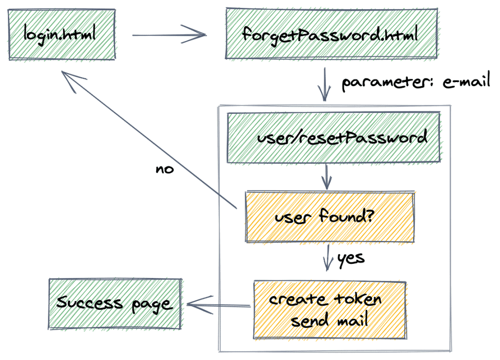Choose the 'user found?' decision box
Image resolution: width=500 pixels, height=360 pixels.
click(330, 216)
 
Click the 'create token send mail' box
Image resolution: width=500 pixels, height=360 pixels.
click(330, 309)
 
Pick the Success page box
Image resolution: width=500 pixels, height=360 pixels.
click(115, 303)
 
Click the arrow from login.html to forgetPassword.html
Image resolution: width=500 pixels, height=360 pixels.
click(169, 35)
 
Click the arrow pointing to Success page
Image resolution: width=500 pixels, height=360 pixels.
click(218, 306)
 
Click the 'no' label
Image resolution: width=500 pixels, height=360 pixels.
click(164, 170)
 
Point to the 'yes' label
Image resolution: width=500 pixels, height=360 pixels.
click(351, 257)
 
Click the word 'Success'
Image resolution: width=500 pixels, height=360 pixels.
click(89, 302)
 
